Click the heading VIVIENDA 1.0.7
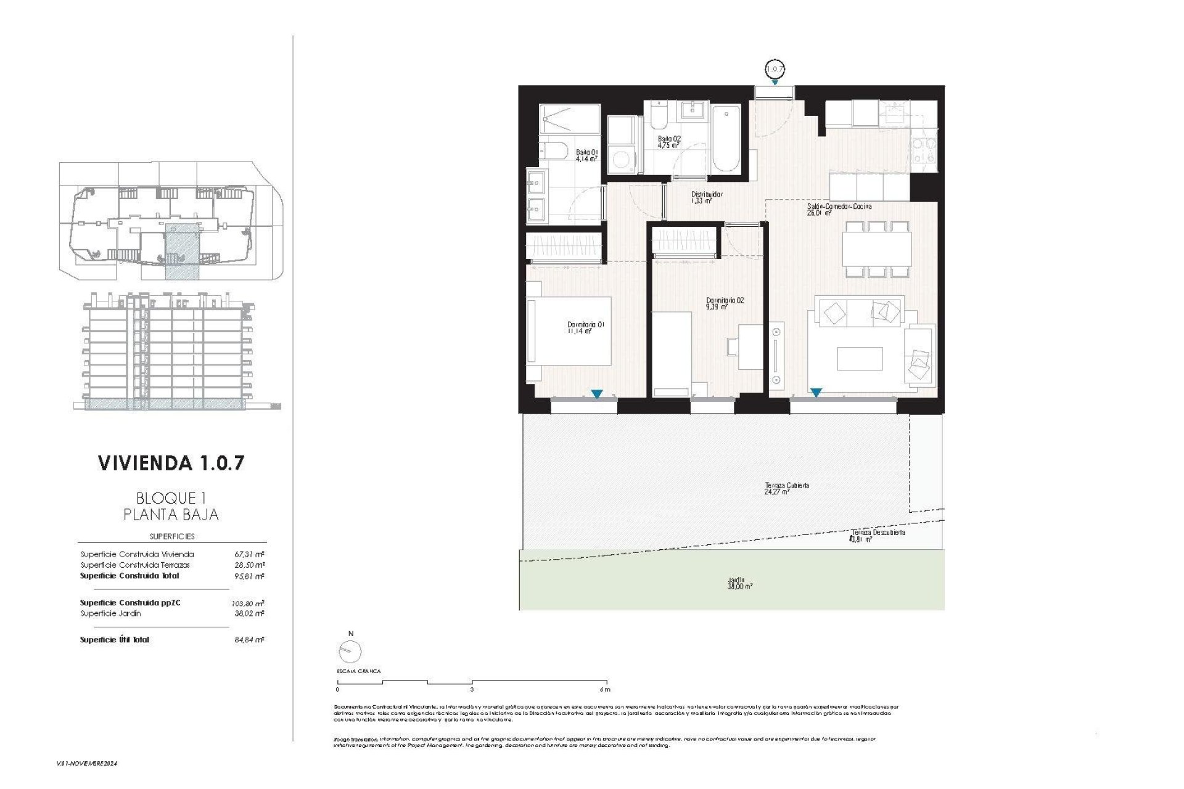click(x=171, y=463)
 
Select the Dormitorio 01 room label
click(x=585, y=327)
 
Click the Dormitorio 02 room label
click(x=725, y=303)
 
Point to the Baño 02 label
click(x=668, y=142)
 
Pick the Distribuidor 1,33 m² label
click(x=706, y=197)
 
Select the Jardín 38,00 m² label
click(x=739, y=583)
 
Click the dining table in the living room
click(x=877, y=249)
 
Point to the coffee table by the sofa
click(x=860, y=359)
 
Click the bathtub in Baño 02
click(x=725, y=139)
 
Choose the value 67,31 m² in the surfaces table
click(x=246, y=554)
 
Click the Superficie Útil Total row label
click(x=115, y=640)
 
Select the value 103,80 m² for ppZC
click(x=246, y=603)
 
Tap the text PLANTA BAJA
click(x=171, y=514)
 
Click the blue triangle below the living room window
click(x=816, y=393)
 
